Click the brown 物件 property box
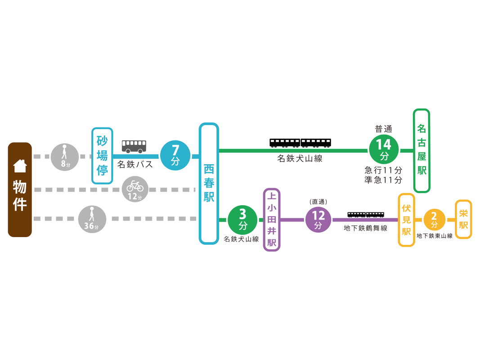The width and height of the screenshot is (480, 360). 20,189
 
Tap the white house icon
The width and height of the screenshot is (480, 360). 20,166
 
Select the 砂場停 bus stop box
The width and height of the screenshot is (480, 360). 102,156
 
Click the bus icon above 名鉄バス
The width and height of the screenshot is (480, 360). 134,146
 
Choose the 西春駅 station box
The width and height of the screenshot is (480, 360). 209,184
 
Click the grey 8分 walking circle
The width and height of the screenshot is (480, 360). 65,156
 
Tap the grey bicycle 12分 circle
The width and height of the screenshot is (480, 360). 135,189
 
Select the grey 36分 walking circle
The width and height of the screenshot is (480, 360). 92,219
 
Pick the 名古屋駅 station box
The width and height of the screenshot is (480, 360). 422,150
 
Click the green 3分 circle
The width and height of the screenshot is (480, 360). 242,220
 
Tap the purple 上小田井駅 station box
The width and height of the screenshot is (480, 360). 271,220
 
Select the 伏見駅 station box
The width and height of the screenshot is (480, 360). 406,220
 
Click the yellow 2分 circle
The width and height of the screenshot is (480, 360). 434,220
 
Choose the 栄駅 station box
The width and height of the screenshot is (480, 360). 463,219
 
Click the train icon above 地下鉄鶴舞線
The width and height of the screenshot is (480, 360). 365,215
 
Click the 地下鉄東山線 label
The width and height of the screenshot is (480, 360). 434,235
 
